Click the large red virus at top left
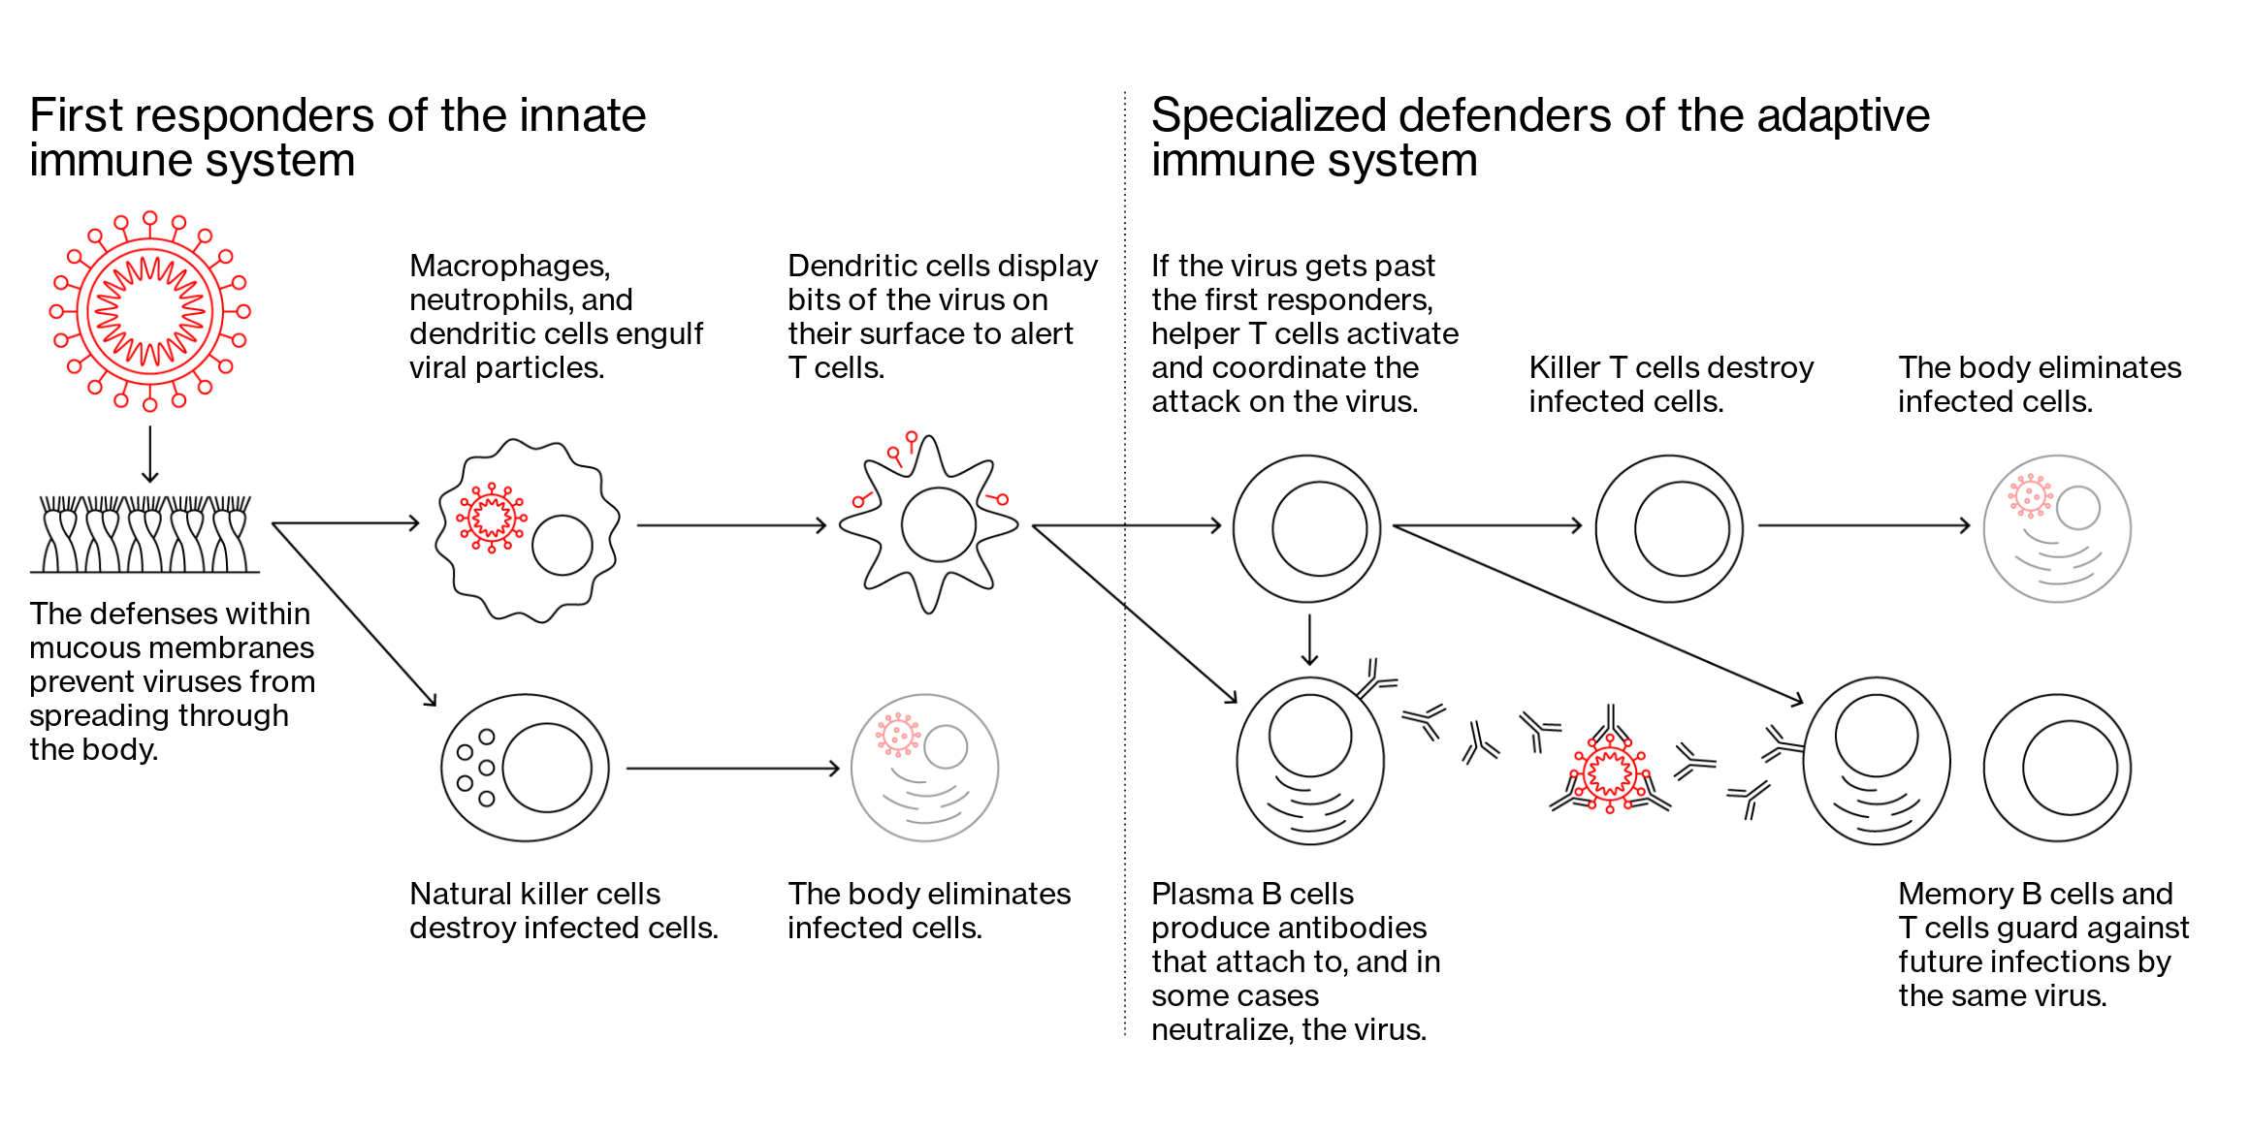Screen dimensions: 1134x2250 coord(150,311)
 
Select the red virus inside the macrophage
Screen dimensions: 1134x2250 coord(492,517)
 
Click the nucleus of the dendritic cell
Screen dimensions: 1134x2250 coord(938,524)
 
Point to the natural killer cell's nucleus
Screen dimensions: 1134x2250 coord(547,768)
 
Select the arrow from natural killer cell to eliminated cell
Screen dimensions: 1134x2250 coord(732,769)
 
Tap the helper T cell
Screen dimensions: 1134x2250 coord(1306,528)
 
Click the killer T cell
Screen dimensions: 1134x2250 coord(1669,529)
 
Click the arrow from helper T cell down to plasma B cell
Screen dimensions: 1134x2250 coord(1309,640)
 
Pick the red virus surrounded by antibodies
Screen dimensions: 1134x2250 coord(1610,773)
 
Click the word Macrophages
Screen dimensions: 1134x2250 coord(509,266)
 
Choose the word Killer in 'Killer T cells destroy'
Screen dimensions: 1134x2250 coord(1563,368)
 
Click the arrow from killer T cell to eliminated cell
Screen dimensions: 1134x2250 coord(1863,525)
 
